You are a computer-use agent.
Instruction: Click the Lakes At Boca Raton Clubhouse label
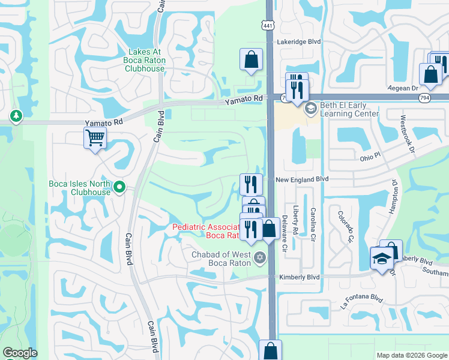(144, 61)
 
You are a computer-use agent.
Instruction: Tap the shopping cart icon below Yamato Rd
(95, 138)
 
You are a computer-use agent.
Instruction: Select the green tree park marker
(16, 115)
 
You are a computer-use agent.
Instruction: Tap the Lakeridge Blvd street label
(298, 42)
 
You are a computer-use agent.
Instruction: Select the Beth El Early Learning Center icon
(310, 109)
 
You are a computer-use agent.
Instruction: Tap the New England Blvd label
(303, 179)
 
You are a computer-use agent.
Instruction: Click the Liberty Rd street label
(296, 221)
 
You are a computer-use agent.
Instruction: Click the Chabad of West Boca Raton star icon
(259, 259)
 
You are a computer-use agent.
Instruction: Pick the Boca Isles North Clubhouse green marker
(119, 188)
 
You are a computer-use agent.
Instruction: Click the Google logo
(20, 353)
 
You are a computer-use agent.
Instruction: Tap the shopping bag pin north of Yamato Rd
(252, 59)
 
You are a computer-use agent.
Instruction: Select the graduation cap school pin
(381, 259)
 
